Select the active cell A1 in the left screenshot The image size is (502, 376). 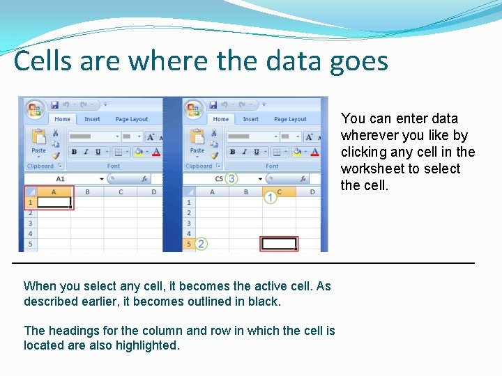54,203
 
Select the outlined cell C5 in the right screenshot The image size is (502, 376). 278,244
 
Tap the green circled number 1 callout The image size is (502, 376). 271,198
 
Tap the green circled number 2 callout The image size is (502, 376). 201,244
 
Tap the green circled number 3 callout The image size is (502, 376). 231,179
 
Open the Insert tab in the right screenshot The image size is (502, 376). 250,119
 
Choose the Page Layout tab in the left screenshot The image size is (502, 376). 131,119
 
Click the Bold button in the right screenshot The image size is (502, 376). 232,152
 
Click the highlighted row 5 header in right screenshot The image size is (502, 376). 188,244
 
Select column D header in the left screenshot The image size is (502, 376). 153,191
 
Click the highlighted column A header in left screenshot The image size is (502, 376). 54,191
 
